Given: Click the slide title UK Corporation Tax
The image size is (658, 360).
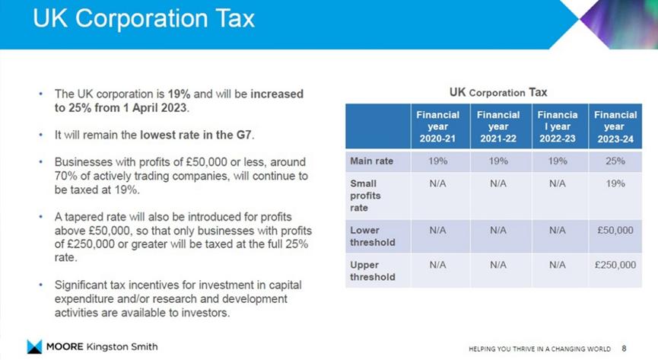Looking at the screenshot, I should tap(143, 19).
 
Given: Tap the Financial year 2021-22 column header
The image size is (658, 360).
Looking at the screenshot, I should tap(498, 127).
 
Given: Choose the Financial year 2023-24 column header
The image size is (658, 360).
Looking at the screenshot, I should tap(614, 127).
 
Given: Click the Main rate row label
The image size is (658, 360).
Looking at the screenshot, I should tap(370, 161).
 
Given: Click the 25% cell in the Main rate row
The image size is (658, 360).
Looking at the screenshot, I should tap(614, 161).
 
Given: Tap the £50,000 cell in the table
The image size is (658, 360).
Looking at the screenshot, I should tap(614, 230).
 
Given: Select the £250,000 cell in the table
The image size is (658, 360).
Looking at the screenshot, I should tap(614, 265).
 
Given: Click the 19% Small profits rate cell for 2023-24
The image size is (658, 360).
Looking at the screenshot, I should tap(614, 183).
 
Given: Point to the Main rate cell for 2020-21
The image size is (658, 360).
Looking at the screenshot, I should tap(437, 161).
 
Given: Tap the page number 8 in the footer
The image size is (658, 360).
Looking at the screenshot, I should tap(625, 348).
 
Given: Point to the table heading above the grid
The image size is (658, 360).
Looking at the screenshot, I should tap(498, 92).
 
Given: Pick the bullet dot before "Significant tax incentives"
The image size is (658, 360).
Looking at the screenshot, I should tap(40, 285).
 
